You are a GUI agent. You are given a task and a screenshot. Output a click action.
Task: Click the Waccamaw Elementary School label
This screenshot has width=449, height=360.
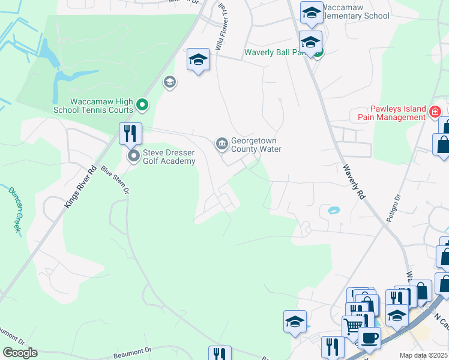[355, 11]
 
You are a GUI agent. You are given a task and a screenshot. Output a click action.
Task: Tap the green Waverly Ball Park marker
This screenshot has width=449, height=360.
[318, 52]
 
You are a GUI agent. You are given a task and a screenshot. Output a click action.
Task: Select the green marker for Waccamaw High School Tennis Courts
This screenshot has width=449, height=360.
[142, 106]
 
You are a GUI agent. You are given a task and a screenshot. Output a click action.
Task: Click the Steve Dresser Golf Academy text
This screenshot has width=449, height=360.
[170, 156]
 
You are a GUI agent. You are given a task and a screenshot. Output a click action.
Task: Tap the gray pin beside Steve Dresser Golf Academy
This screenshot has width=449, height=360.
[133, 157]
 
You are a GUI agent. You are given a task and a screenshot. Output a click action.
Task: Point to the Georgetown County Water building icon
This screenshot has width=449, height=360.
[221, 143]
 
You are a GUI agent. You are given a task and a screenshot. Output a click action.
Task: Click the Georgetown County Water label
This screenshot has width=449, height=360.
[256, 145]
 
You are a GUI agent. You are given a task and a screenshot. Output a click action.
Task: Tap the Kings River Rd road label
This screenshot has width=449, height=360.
[80, 188]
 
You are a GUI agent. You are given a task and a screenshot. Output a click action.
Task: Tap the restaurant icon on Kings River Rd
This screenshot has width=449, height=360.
[130, 133]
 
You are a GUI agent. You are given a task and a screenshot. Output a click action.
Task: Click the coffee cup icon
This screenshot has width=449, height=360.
[369, 337]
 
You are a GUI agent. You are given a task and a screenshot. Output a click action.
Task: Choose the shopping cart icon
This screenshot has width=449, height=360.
[353, 326]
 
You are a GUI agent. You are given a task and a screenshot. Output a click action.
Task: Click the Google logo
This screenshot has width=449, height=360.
[19, 353]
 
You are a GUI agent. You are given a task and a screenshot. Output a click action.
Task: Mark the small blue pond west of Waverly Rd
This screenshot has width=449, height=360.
[333, 211]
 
